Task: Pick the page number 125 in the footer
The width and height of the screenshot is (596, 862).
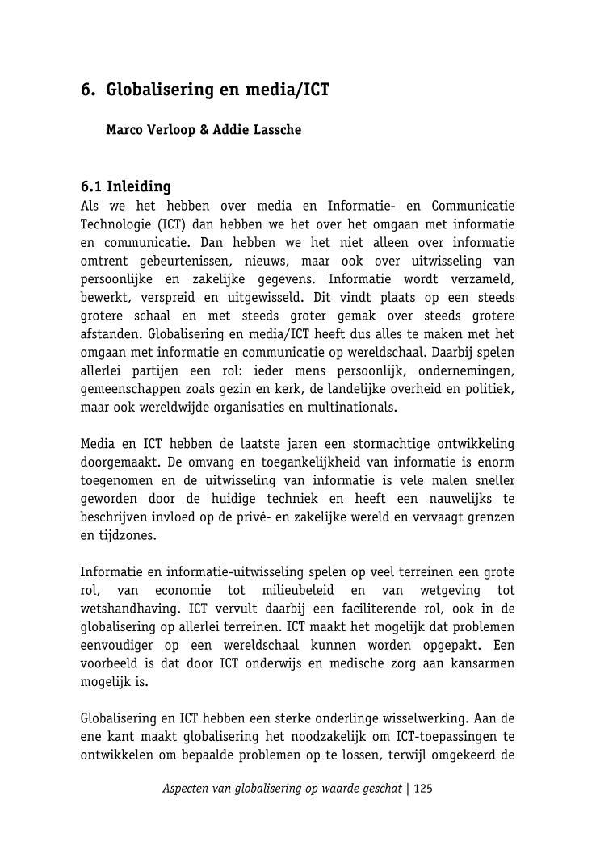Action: coord(423,789)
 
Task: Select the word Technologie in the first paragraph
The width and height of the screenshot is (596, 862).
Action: coord(113,224)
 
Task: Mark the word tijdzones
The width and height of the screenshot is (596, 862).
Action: coord(127,535)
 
